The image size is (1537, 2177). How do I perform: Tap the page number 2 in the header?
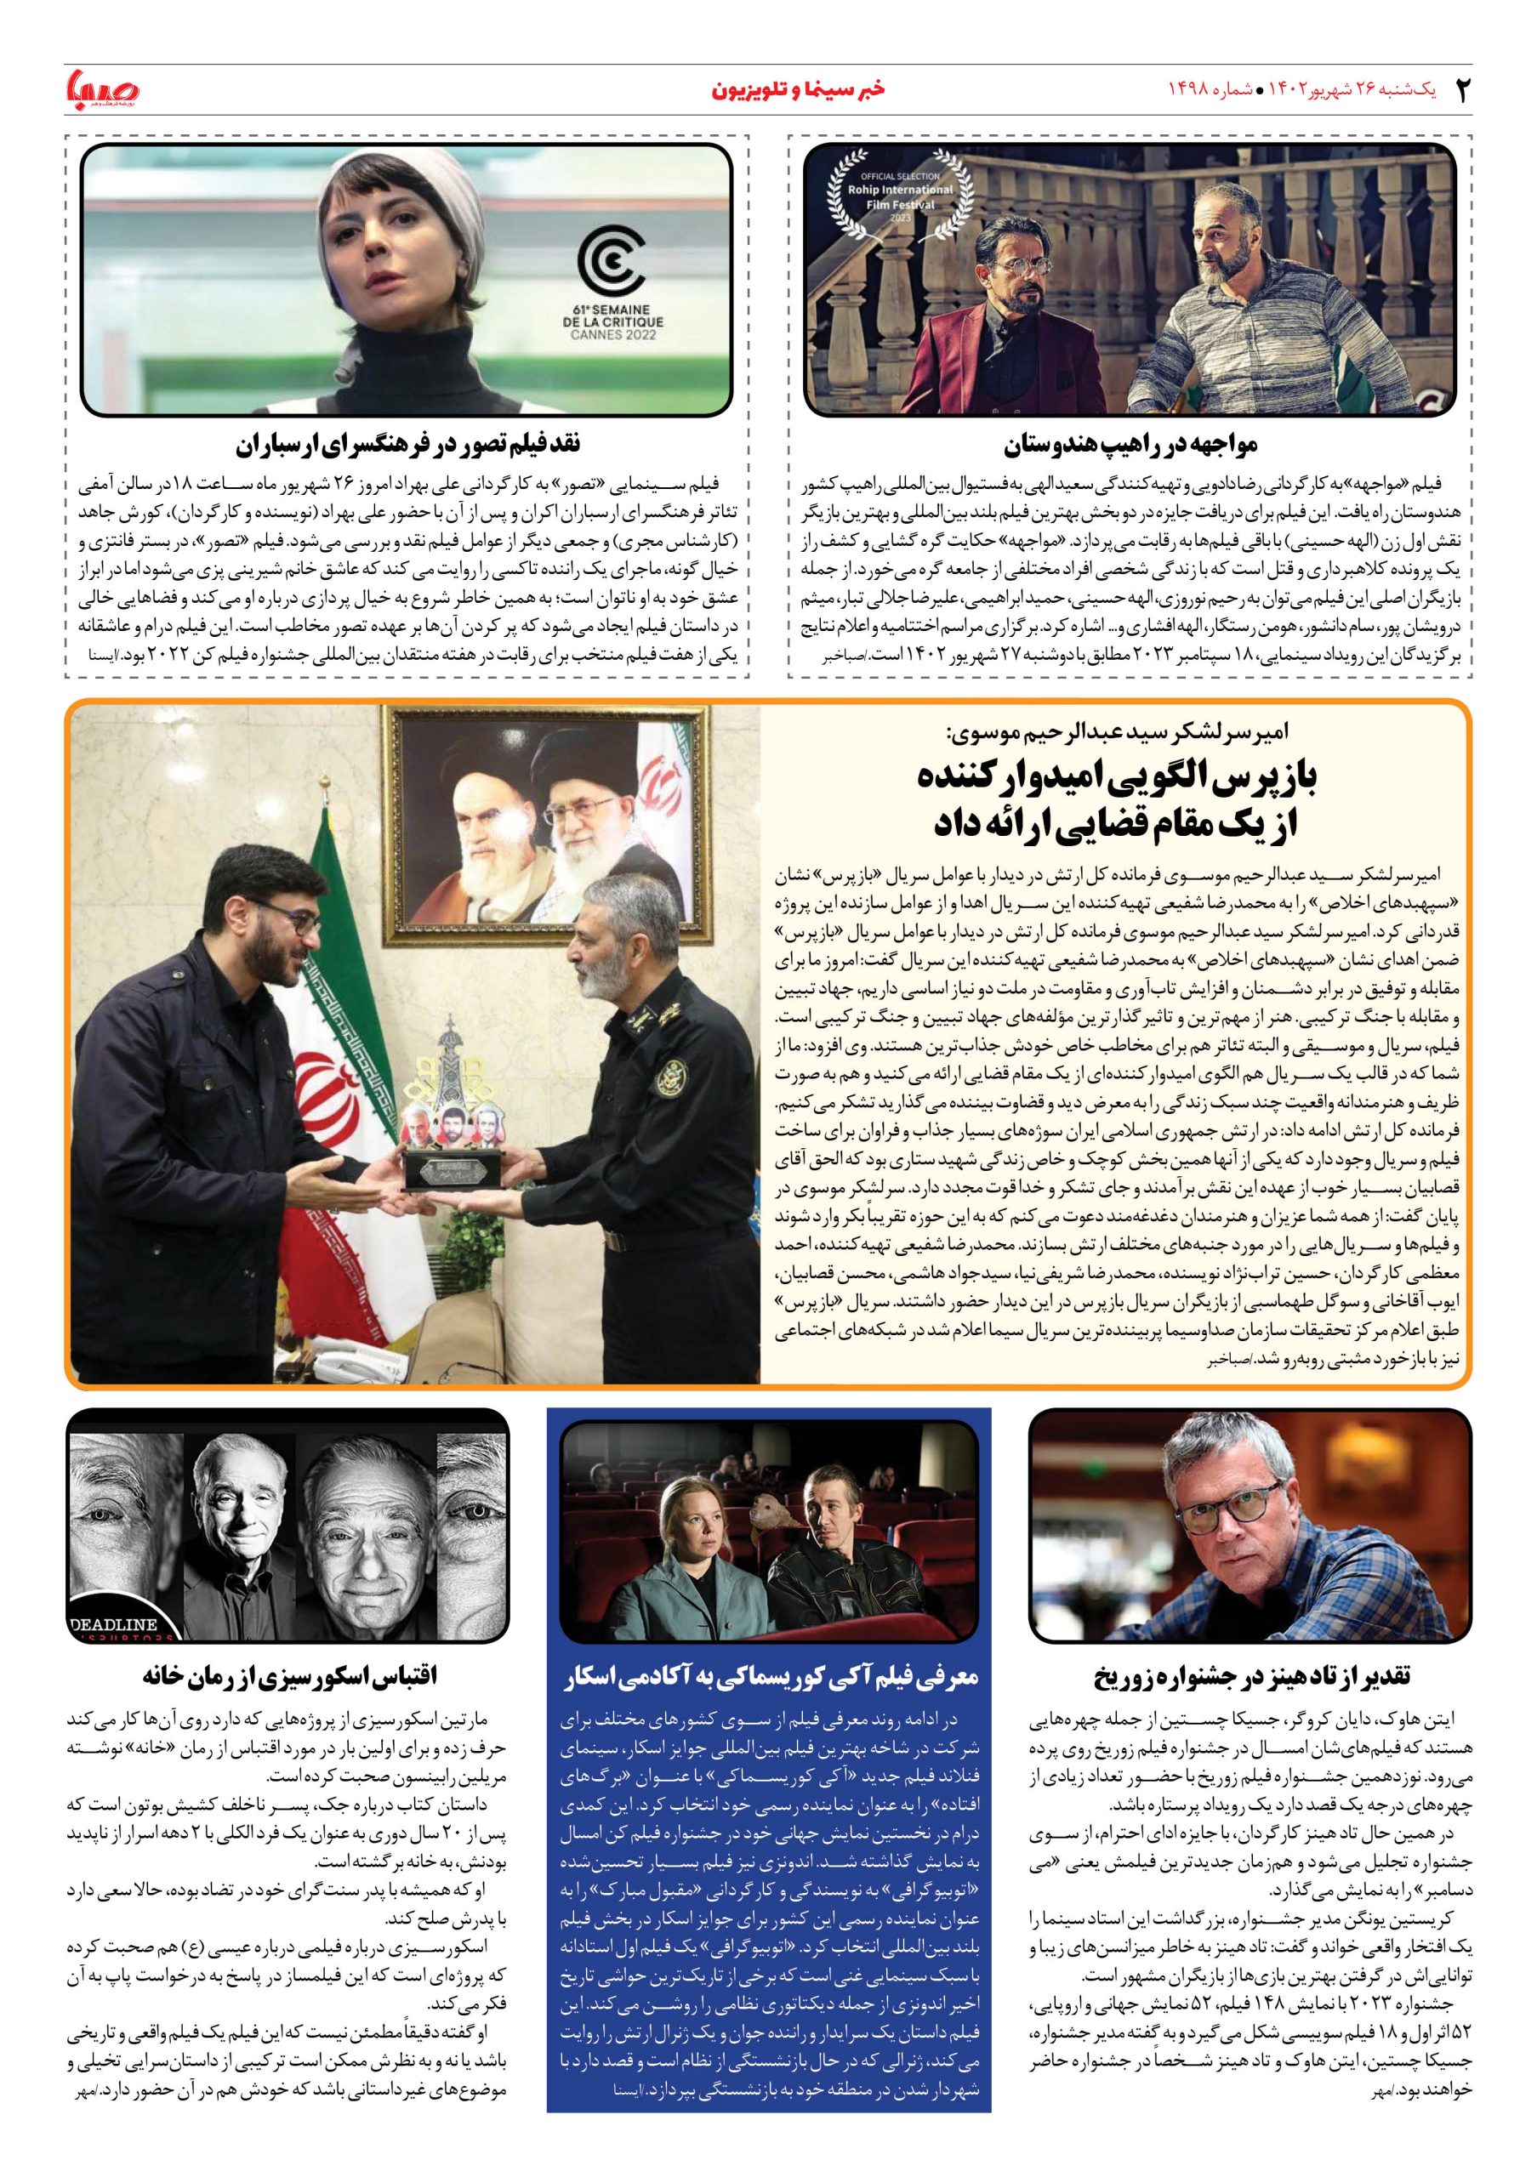click(x=1461, y=91)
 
